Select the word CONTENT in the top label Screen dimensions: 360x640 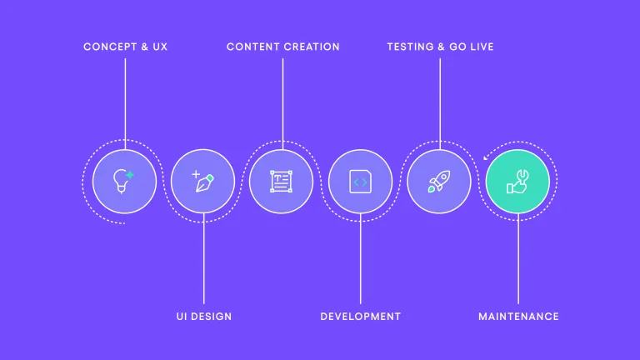tap(252, 47)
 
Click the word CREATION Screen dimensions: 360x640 tap(311, 47)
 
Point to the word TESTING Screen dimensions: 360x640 tap(410, 47)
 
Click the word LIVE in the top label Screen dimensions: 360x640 tap(480, 47)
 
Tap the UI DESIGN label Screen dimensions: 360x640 tap(204, 317)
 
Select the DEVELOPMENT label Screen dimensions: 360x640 tap(360, 317)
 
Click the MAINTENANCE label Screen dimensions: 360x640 tap(518, 317)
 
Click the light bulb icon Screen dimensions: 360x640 tap(124, 181)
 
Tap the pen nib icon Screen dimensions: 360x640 tap(203, 181)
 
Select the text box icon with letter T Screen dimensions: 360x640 tap(282, 181)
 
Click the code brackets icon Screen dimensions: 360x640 tap(360, 181)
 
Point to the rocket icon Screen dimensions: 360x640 tap(439, 181)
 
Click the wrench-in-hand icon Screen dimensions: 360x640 tap(518, 181)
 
